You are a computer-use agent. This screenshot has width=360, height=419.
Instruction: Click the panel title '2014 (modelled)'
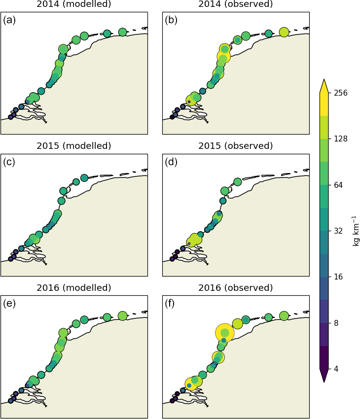(x=74, y=4)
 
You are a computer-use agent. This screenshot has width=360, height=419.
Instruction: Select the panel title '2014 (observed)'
(x=236, y=4)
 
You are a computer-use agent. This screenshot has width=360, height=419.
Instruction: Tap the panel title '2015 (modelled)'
(x=74, y=146)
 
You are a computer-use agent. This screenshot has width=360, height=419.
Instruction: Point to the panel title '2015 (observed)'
(x=236, y=146)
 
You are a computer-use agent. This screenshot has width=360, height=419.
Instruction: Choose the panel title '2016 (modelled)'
(x=74, y=288)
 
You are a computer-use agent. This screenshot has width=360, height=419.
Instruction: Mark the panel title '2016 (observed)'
(x=236, y=288)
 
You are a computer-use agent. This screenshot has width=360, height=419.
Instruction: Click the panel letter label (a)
(x=9, y=20)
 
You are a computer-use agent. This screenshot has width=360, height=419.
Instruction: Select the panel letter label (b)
(x=171, y=20)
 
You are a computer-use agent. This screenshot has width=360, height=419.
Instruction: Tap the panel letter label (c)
(x=9, y=162)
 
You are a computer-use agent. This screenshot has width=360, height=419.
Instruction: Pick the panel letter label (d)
(x=171, y=162)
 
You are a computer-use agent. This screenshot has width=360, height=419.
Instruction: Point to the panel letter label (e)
(x=9, y=304)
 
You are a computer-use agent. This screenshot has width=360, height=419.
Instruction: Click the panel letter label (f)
(x=171, y=304)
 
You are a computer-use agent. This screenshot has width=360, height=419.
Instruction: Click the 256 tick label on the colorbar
(x=341, y=93)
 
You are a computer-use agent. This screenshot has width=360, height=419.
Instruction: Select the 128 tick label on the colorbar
(x=341, y=139)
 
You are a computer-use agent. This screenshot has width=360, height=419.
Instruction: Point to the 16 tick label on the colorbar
(x=339, y=277)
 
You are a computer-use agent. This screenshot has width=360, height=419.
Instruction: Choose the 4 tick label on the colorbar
(x=337, y=369)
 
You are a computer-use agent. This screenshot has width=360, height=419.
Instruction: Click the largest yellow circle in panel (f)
(x=225, y=333)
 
